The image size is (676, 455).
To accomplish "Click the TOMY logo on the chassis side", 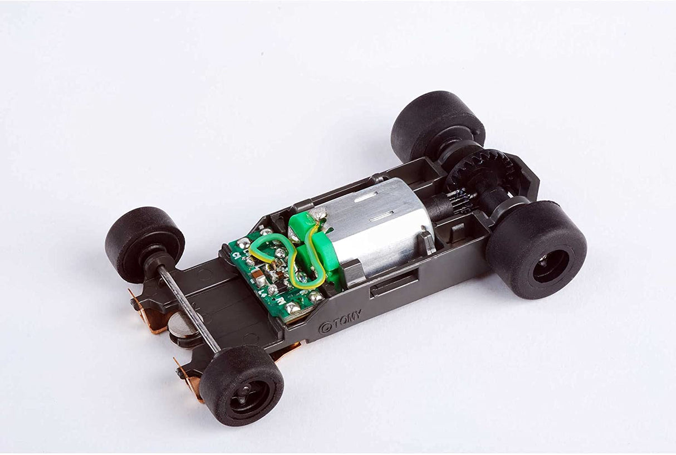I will tap(340, 322).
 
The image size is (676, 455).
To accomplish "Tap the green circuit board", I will tap(267, 278).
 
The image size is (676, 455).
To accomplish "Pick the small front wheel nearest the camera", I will tap(242, 384).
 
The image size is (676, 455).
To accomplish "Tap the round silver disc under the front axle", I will tap(182, 326).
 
